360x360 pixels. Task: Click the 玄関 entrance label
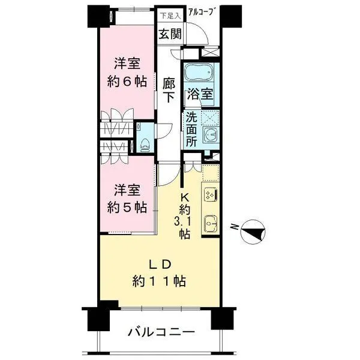[x=170, y=34]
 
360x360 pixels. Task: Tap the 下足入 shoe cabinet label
[x=170, y=16]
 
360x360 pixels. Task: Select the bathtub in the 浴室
[x=199, y=71]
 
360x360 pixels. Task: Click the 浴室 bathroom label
[x=200, y=94]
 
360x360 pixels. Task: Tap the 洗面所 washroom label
[x=191, y=130]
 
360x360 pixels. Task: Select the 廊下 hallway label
[x=169, y=90]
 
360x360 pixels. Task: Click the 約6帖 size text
[x=127, y=81]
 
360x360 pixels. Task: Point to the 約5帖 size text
[x=127, y=208]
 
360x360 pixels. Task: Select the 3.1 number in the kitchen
[x=184, y=221]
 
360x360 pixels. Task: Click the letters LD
[x=160, y=265]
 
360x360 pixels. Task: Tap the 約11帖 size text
[x=159, y=281]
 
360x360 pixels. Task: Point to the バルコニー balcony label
[x=161, y=332]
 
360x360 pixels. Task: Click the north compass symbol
[x=253, y=232]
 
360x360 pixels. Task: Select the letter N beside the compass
[x=234, y=227]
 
